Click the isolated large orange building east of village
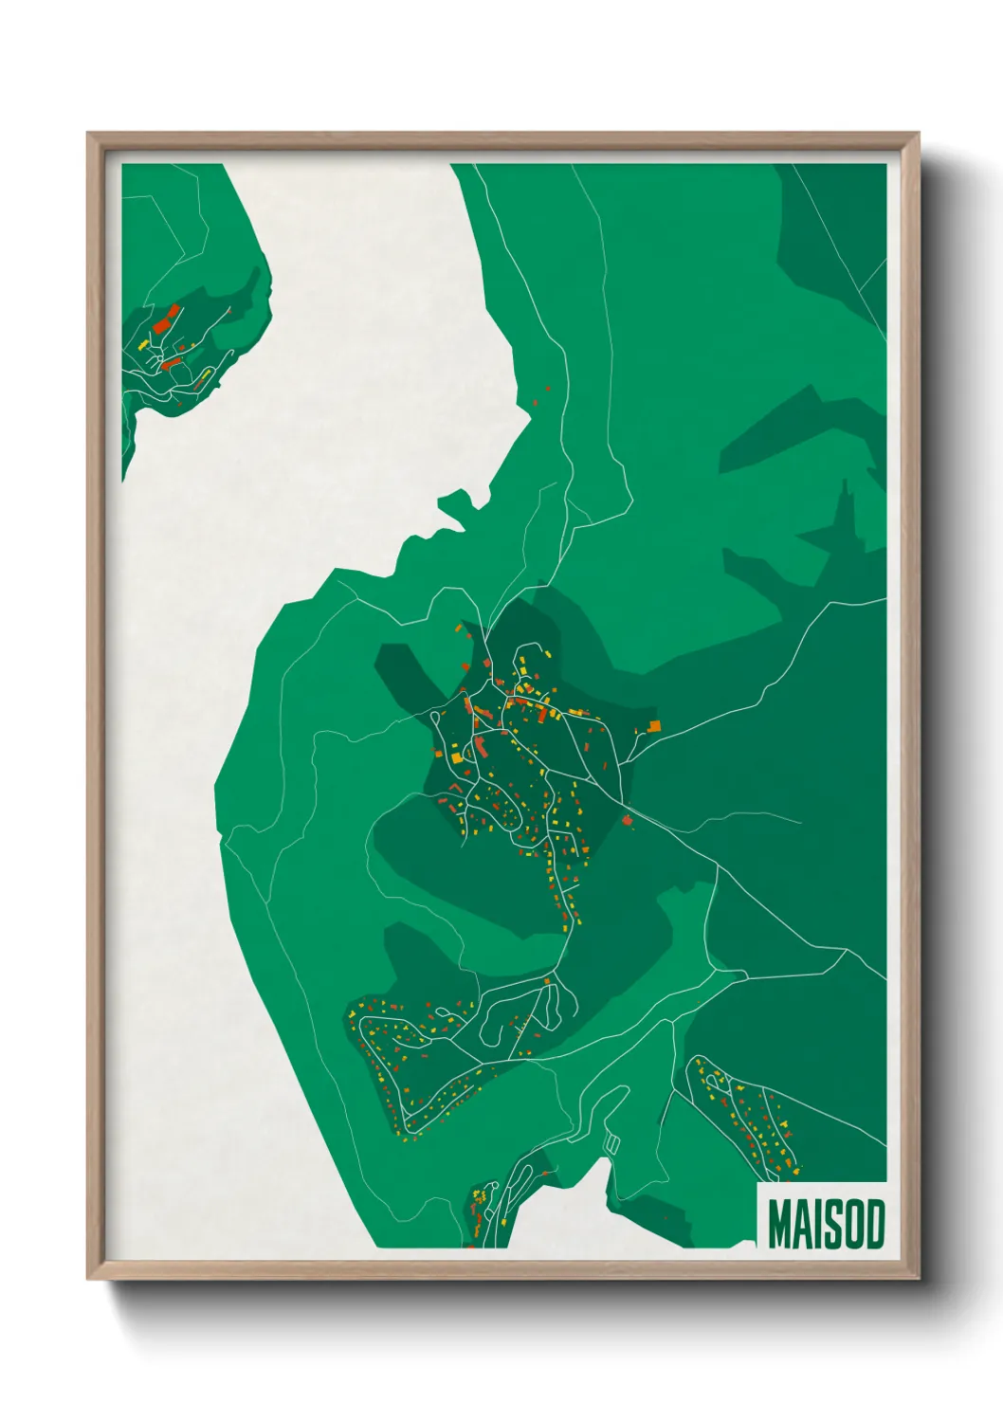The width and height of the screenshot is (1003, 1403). pyautogui.click(x=654, y=725)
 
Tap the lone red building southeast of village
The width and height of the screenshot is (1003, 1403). pyautogui.click(x=628, y=818)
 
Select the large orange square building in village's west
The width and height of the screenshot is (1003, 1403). pyautogui.click(x=457, y=756)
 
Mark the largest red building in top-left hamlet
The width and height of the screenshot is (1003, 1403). pyautogui.click(x=160, y=319)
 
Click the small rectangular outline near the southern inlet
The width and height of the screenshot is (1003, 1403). pyautogui.click(x=611, y=1144)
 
